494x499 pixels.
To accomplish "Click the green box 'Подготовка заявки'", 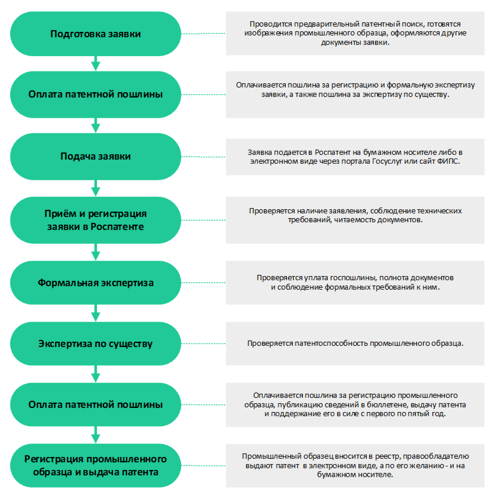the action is tap(96, 34).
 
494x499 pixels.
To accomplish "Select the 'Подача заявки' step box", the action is tap(96, 157).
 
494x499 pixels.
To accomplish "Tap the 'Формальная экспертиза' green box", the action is tap(96, 283).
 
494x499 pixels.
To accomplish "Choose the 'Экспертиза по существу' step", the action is tap(96, 344).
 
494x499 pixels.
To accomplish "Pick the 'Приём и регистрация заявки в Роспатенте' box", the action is tap(96, 220).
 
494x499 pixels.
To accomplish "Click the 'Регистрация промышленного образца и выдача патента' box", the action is tap(96, 465).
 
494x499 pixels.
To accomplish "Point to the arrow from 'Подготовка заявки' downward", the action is tap(96, 63).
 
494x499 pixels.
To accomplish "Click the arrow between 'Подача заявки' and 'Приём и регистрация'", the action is tap(96, 189).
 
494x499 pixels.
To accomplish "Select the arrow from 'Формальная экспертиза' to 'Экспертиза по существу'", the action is tap(96, 313).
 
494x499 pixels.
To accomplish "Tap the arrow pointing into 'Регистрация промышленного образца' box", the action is tap(96, 435).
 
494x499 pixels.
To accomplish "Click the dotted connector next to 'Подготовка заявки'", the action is tap(204, 34).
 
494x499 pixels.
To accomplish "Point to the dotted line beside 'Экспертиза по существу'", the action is tap(204, 344).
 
